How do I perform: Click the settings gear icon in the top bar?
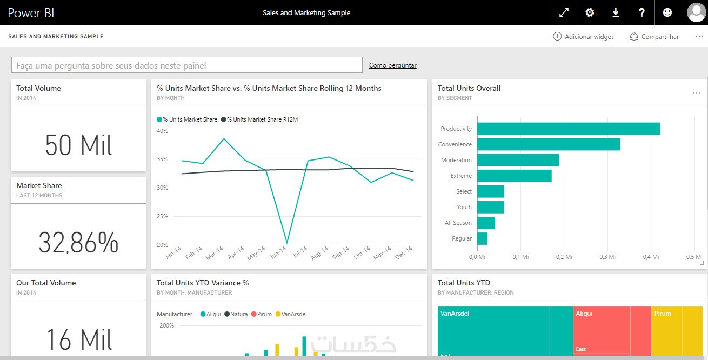click(x=590, y=12)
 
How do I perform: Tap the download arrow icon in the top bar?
click(x=616, y=12)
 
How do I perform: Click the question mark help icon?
click(x=642, y=12)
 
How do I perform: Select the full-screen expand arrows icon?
click(x=564, y=12)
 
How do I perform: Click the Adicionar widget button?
click(x=583, y=37)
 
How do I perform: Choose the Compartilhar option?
click(x=654, y=37)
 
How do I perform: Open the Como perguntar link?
click(x=392, y=65)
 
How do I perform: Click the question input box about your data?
click(x=186, y=65)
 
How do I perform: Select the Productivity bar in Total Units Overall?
click(x=569, y=129)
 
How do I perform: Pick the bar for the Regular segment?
click(x=482, y=238)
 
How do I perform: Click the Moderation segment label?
click(x=456, y=160)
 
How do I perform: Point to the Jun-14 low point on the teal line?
click(x=286, y=243)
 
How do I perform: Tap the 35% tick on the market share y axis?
click(x=162, y=159)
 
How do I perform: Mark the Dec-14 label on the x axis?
click(x=403, y=253)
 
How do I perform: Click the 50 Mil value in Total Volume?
click(x=78, y=145)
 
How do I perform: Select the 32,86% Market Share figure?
click(x=78, y=243)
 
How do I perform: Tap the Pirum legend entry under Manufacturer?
click(x=261, y=314)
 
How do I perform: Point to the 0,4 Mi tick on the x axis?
click(x=651, y=257)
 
